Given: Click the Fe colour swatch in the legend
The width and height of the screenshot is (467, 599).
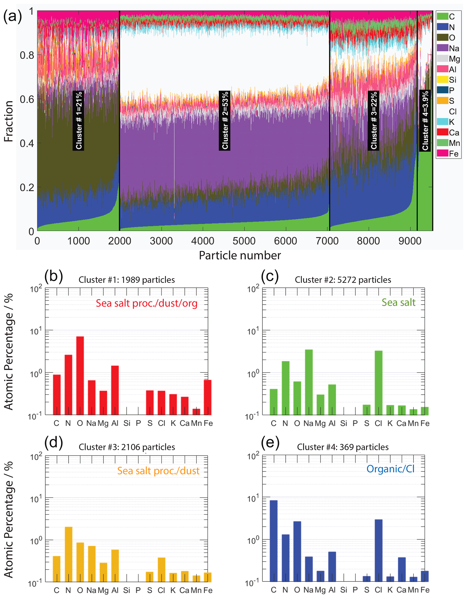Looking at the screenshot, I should point(442,153).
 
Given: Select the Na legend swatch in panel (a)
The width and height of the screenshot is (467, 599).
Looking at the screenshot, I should point(442,48).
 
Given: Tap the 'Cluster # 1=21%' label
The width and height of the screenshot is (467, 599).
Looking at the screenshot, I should point(78,121).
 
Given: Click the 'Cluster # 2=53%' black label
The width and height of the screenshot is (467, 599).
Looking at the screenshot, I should point(225,121).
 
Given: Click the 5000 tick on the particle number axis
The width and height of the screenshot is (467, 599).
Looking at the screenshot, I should point(244,241).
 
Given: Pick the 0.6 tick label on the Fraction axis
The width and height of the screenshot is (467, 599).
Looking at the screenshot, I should point(27,99).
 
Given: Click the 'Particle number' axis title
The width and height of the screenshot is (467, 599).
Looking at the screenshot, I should point(240,255).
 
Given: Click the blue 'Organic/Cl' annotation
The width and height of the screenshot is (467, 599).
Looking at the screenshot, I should point(390,469).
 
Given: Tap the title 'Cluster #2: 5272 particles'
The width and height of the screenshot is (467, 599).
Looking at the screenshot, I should point(343,280).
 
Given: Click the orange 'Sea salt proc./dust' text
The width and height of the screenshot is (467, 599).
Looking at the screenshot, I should point(158,471).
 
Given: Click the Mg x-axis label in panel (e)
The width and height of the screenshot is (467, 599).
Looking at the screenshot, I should point(320,590).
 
